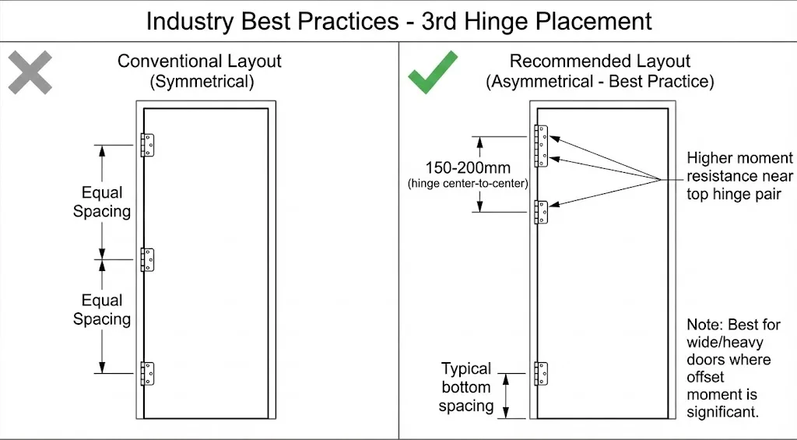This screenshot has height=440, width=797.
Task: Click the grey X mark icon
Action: (x=30, y=72)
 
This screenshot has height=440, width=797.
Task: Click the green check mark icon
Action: (x=434, y=72)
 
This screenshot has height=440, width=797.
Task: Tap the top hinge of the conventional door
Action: (x=147, y=145)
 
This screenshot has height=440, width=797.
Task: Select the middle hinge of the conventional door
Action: (x=147, y=259)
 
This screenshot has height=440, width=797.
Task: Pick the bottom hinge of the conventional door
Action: (x=147, y=374)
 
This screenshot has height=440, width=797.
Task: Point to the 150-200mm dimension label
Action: (x=467, y=167)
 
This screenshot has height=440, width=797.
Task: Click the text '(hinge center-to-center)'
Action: (x=467, y=184)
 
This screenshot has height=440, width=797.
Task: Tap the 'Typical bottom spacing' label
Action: (x=466, y=387)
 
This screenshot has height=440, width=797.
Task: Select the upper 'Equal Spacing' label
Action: (x=102, y=202)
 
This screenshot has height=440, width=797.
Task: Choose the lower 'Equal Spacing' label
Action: (x=102, y=309)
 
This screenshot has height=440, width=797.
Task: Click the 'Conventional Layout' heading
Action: (x=199, y=61)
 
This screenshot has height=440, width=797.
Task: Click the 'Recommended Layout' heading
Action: (x=599, y=61)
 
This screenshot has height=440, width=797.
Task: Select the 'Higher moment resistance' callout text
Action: (x=739, y=176)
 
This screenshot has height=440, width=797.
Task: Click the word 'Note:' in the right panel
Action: (x=705, y=324)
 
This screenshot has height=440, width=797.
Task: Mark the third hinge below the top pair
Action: (x=542, y=212)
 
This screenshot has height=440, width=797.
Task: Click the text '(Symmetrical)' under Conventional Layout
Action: (x=199, y=81)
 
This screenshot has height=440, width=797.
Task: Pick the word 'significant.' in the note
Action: (x=722, y=412)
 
